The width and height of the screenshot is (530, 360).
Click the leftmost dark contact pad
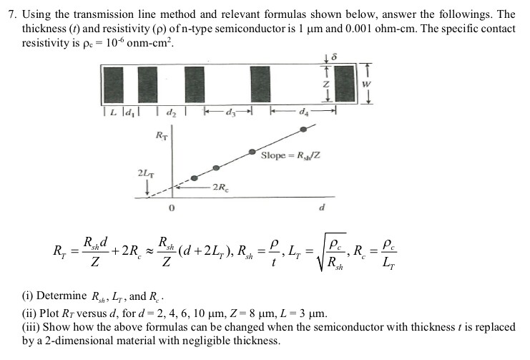tap(114, 84)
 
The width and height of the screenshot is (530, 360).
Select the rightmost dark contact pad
tap(345, 83)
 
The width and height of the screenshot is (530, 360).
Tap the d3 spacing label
tap(229, 112)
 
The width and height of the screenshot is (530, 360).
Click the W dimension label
tap(366, 84)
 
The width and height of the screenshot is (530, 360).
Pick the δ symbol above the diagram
tap(334, 57)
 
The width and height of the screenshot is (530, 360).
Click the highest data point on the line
tap(303, 130)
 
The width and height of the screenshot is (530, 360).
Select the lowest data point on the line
tap(194, 178)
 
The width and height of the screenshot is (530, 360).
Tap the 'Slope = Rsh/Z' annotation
tap(290, 155)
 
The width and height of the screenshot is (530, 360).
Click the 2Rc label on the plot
tap(220, 187)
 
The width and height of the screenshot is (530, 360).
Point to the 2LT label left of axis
tap(146, 173)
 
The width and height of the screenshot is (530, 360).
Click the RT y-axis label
tap(161, 136)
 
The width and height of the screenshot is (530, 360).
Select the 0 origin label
tap(172, 208)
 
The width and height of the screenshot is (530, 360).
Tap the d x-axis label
tap(322, 207)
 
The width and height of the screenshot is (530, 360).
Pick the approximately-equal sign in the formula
tap(149, 252)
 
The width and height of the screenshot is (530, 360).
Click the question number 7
tap(13, 14)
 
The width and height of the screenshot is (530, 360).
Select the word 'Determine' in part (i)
tap(62, 296)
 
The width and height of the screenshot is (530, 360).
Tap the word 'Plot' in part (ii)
tap(49, 313)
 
